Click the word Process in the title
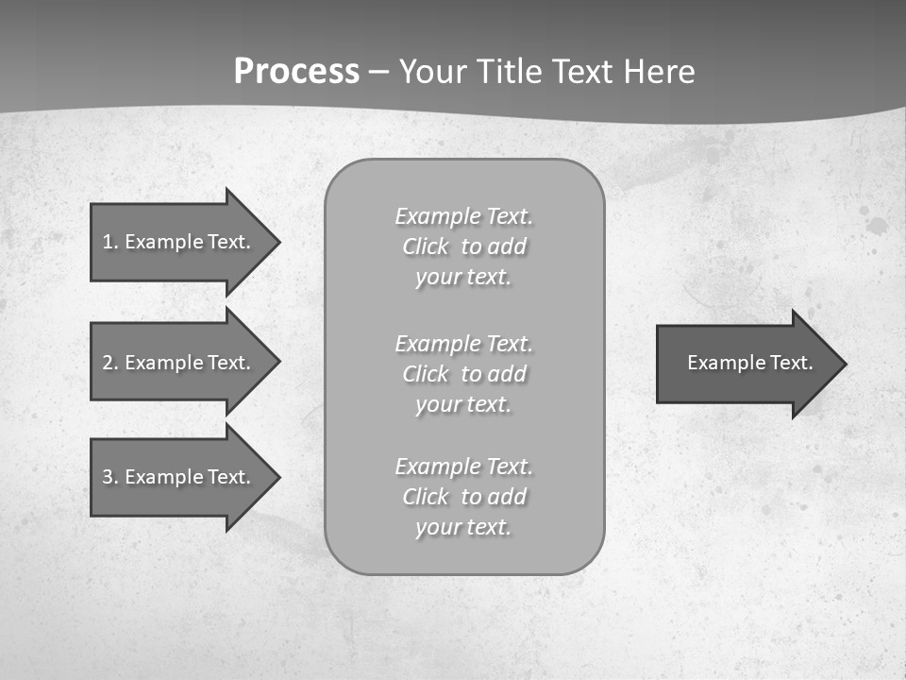click(x=296, y=72)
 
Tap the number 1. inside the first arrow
click(x=109, y=242)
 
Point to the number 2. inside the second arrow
click(x=109, y=363)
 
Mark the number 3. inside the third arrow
click(x=109, y=477)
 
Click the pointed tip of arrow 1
click(x=277, y=242)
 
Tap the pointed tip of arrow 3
click(x=277, y=477)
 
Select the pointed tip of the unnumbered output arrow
click(x=843, y=363)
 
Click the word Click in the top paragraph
click(x=425, y=247)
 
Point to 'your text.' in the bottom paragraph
click(x=463, y=528)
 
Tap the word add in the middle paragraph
click(x=508, y=374)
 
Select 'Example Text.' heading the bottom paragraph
click(x=463, y=467)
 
